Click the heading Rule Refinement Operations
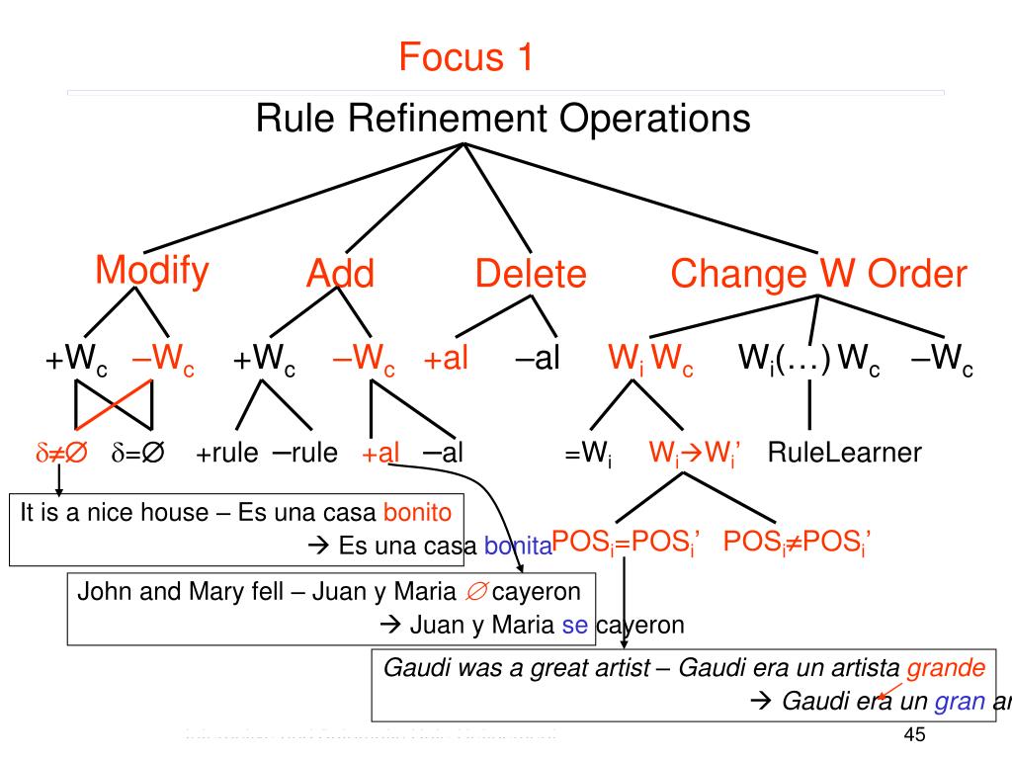503,120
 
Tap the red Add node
340,274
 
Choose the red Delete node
531,274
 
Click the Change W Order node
818,274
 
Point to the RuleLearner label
844,454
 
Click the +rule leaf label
226,454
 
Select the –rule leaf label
304,454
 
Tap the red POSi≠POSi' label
796,542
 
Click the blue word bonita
517,546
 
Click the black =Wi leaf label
588,456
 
